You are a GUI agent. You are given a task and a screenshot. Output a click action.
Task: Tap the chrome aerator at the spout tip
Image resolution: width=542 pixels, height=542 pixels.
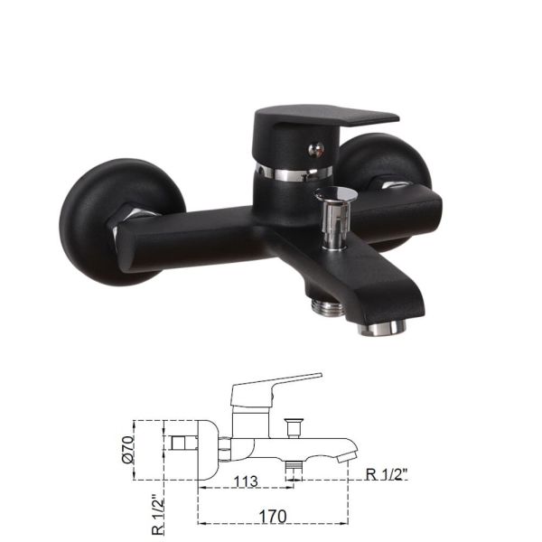380,328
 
